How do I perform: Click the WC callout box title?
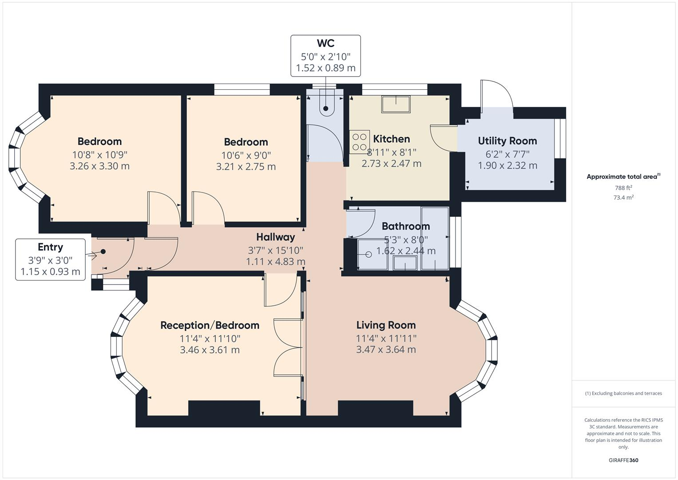tap(325, 44)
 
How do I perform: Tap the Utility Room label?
tap(507, 141)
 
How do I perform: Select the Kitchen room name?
tap(391, 139)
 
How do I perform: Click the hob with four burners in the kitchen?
tap(359, 142)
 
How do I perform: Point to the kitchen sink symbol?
tap(396, 104)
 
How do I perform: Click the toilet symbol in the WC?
tap(326, 106)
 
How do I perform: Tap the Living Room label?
tap(386, 325)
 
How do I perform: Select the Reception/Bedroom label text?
tap(210, 325)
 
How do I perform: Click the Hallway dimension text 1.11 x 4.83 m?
tap(275, 262)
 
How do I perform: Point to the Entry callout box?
tap(50, 259)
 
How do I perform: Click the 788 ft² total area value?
tap(623, 188)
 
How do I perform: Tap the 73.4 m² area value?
tap(623, 198)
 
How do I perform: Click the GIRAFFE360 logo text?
tap(623, 460)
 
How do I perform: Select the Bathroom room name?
tap(405, 226)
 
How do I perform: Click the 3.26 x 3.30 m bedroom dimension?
tap(99, 166)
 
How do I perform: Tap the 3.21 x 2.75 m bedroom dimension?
tap(246, 167)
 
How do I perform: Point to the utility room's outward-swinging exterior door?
tap(496, 95)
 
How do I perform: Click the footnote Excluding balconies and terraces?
tap(623, 393)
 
